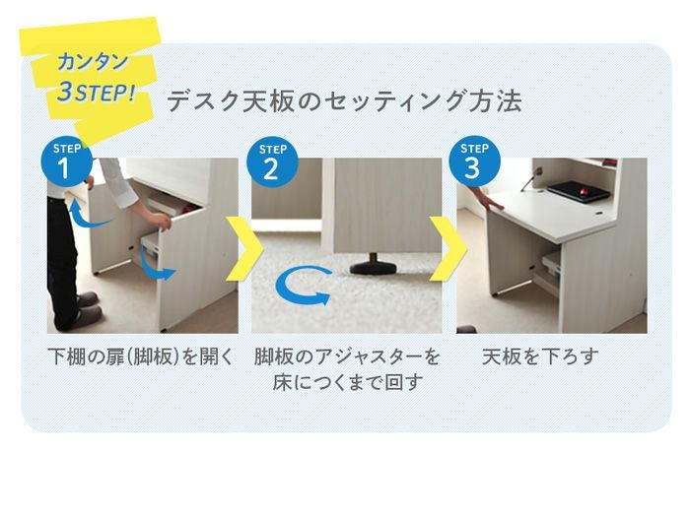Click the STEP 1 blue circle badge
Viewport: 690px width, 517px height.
click(65, 162)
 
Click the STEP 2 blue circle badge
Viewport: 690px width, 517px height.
click(272, 162)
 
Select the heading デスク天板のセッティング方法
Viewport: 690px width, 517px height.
click(344, 102)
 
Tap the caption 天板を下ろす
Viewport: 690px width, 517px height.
click(540, 355)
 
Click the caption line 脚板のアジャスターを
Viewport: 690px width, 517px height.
click(347, 355)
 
